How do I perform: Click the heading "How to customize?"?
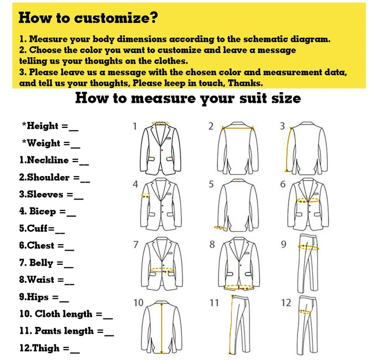pos(88,18)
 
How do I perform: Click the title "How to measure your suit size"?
pos(188,98)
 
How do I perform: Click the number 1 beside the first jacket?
pos(134,126)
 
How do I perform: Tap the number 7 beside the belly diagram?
pos(135,245)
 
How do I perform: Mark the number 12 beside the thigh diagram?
pos(286,303)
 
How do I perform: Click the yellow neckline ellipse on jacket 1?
pos(161,123)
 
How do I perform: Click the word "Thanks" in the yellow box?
pos(247,83)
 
